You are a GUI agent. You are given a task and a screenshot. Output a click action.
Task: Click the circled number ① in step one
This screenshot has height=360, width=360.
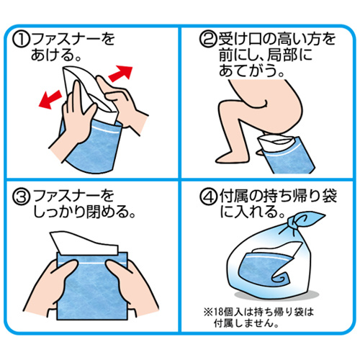21,40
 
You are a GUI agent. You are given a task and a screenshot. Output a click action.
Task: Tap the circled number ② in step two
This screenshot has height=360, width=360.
208,40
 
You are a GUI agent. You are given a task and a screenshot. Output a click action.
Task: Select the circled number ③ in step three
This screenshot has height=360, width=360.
22,197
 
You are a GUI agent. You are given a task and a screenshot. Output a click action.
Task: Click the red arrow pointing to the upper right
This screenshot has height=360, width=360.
121,73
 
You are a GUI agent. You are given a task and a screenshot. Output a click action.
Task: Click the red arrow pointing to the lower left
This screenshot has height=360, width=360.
50,99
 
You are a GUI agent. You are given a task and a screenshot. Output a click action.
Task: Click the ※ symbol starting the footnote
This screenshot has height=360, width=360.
207,312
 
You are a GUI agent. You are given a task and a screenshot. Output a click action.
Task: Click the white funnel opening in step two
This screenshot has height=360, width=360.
276,142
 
